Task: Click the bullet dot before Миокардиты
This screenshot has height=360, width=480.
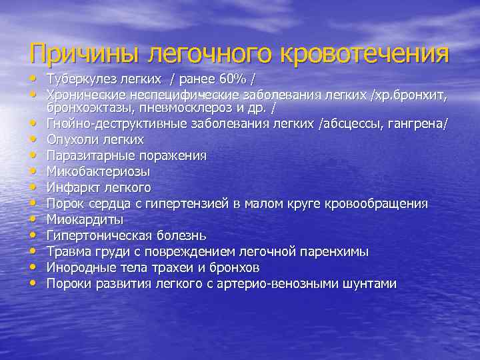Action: pos(32,219)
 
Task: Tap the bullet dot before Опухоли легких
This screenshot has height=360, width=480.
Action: pos(32,139)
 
